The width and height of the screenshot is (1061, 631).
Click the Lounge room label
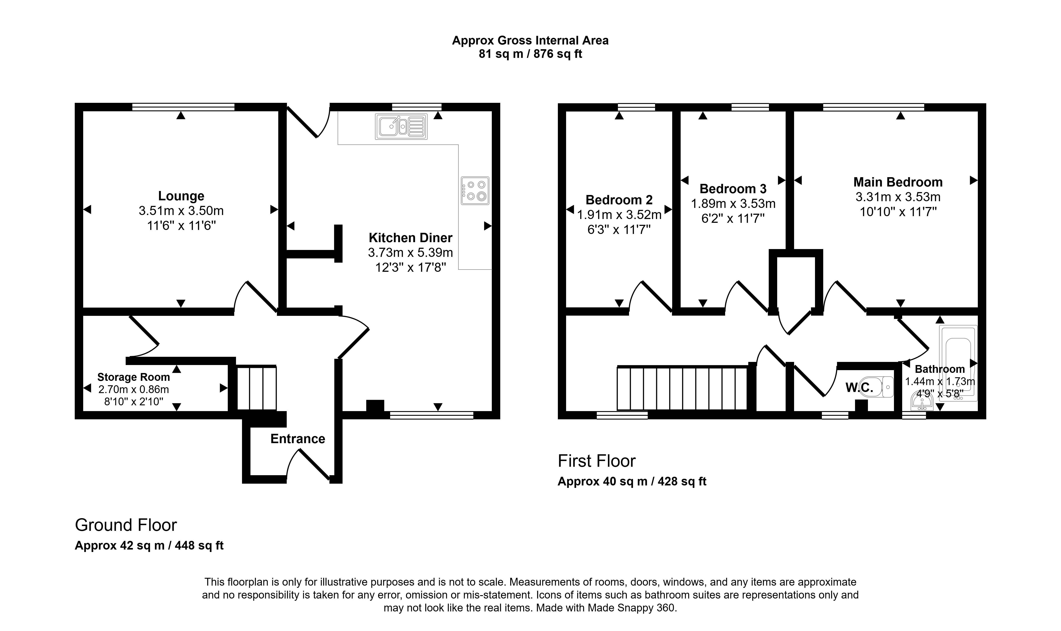[x=181, y=196]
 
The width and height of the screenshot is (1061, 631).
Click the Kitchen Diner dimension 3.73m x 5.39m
[x=410, y=253]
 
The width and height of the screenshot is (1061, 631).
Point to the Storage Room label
[x=133, y=377]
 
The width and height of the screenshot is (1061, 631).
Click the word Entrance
[x=298, y=439]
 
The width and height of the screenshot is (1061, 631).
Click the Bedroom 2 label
[x=619, y=200]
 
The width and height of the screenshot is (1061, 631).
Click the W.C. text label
[x=859, y=387]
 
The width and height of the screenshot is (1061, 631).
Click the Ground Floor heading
[x=126, y=525]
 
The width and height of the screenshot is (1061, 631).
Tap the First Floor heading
[x=597, y=461]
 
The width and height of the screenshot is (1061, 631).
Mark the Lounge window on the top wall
[x=183, y=107]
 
